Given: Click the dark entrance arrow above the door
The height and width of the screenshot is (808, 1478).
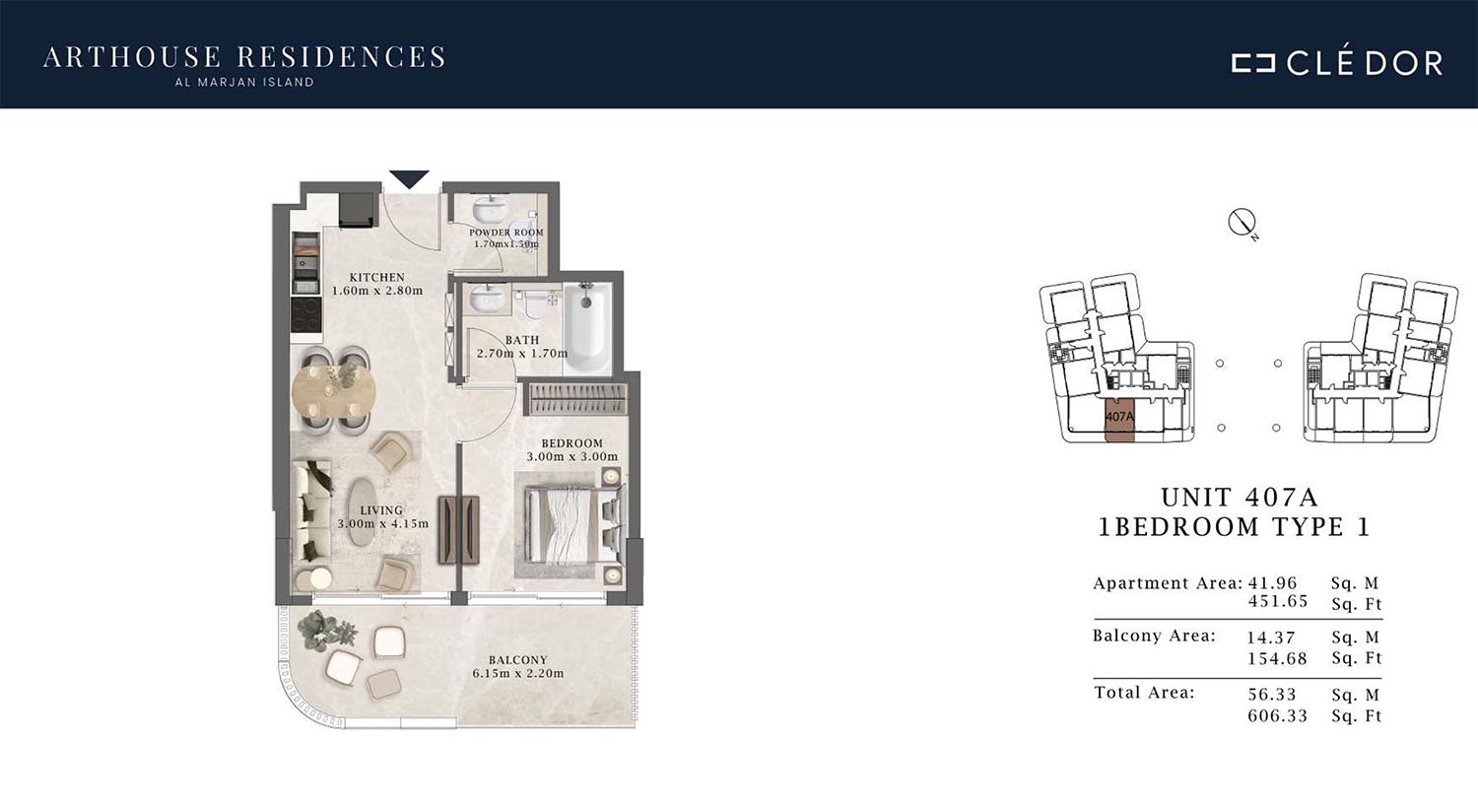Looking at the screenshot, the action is (409, 178).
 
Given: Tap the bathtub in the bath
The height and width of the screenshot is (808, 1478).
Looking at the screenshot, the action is (588, 326).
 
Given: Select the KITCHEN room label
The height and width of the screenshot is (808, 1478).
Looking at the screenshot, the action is (377, 277).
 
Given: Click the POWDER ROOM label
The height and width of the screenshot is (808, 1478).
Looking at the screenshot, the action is (506, 233).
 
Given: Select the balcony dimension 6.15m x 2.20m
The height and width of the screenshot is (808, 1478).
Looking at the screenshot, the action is (518, 673).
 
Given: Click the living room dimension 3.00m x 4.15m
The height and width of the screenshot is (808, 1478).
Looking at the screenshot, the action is (382, 523).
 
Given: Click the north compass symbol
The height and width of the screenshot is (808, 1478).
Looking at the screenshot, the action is (1242, 223).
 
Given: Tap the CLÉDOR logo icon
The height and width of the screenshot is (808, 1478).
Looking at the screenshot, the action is (1252, 63).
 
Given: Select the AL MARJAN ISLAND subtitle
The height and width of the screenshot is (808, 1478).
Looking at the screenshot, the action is (244, 83).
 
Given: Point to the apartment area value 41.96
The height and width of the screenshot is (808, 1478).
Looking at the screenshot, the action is (1272, 583).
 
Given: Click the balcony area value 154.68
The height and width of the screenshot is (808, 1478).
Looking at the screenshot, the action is (1277, 658).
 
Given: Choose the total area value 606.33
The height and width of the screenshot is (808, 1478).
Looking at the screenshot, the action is (1277, 715).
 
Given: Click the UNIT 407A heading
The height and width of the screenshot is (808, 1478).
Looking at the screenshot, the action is (1240, 497).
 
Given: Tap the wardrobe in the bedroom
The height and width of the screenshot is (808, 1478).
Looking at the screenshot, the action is (576, 398).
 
